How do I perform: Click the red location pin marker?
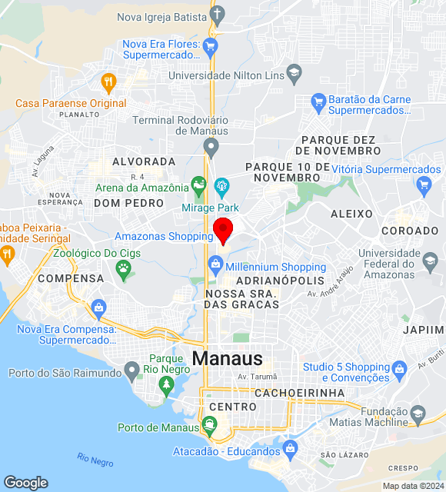click(223, 229)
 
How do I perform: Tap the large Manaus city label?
click(227, 358)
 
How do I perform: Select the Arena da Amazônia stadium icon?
click(199, 185)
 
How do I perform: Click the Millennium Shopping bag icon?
click(216, 267)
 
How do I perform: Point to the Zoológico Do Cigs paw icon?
click(123, 268)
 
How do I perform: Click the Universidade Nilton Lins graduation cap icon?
click(293, 74)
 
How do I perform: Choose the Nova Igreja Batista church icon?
click(218, 15)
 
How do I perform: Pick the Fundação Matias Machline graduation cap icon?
click(418, 415)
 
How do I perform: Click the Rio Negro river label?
click(95, 460)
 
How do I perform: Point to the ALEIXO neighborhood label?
click(351, 214)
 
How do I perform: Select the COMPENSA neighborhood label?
click(71, 278)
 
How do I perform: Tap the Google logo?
click(25, 483)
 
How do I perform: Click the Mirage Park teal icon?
click(222, 185)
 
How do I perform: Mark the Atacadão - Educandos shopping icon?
click(290, 447)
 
